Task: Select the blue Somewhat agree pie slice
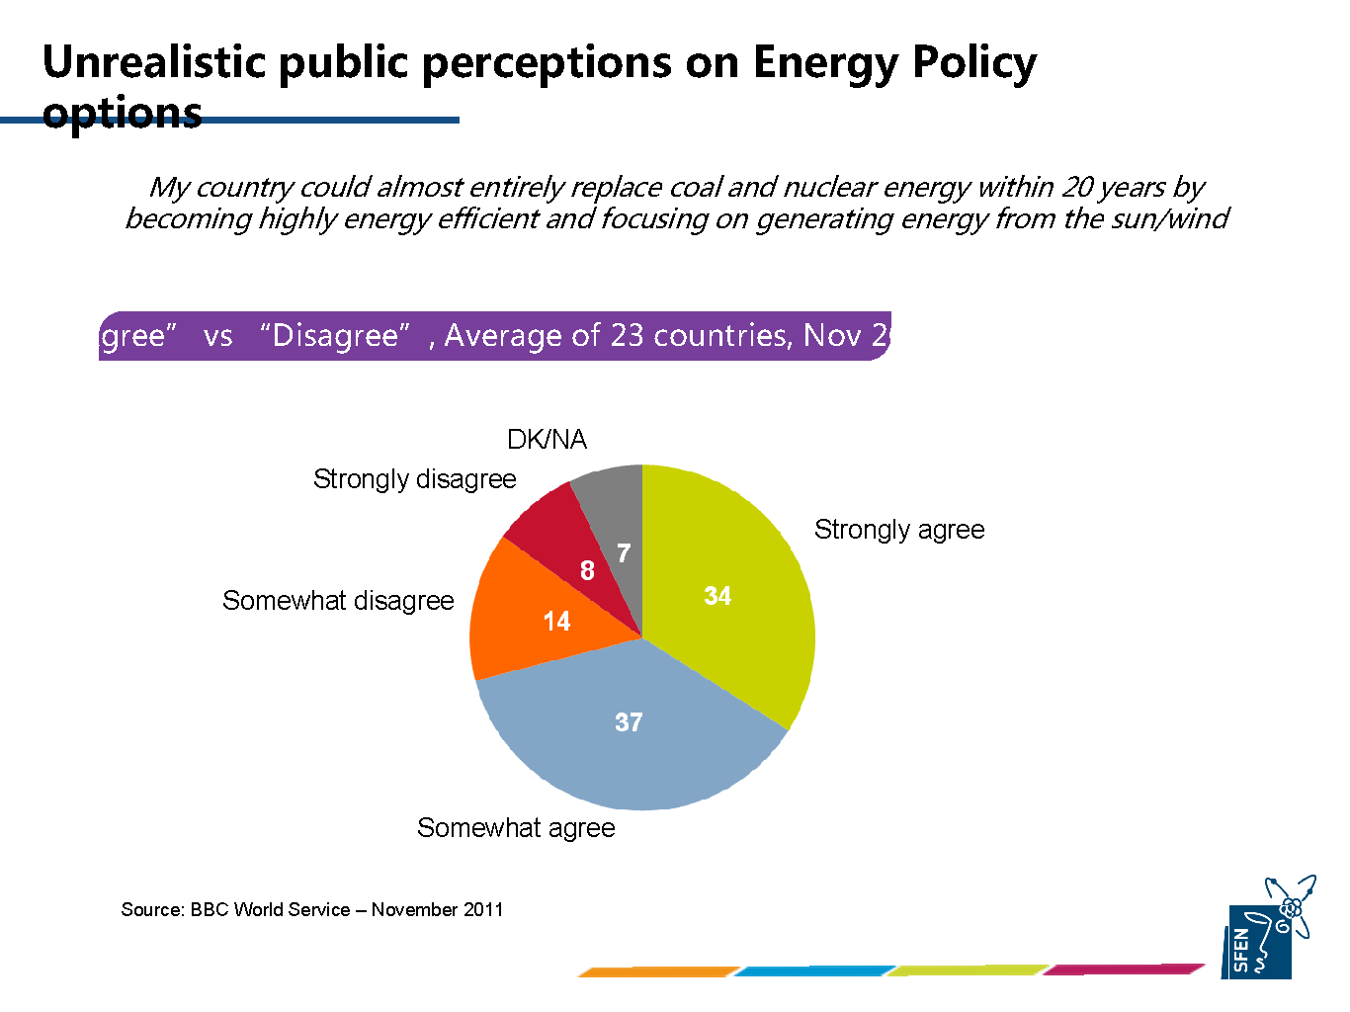pos(633,751)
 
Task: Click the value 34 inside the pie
pos(717,596)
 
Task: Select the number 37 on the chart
pos(629,722)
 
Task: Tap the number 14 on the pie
pos(556,621)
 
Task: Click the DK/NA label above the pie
pos(547,440)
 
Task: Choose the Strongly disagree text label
pos(414,479)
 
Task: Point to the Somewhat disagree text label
pos(338,601)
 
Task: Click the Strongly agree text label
pos(899,530)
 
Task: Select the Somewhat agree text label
pos(516,828)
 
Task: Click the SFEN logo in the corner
pos(1271,929)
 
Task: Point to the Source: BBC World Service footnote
pos(312,909)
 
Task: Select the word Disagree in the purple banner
pos(335,336)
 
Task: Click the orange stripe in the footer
pos(658,971)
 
